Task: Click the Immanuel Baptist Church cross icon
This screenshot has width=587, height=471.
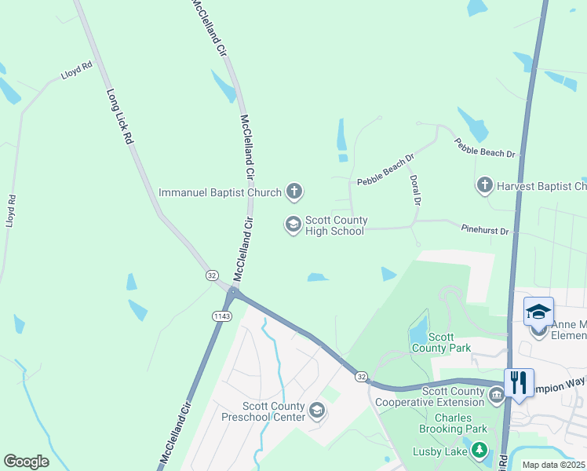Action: (294, 191)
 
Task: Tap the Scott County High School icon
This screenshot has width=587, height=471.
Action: (293, 226)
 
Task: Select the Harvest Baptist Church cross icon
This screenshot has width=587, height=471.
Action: (484, 186)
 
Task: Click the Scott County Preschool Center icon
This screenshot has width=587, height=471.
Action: (316, 411)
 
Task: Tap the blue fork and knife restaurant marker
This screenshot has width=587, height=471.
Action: (519, 383)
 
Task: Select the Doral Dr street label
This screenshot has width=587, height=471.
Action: (416, 191)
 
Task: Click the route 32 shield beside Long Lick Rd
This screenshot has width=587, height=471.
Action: (212, 276)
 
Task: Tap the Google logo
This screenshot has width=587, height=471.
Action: (26, 462)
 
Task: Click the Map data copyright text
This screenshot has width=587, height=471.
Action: (553, 465)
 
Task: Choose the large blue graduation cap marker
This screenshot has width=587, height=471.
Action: (539, 312)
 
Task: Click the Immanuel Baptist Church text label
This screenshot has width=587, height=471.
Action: (220, 192)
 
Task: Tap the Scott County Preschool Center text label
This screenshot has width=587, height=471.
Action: (262, 411)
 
